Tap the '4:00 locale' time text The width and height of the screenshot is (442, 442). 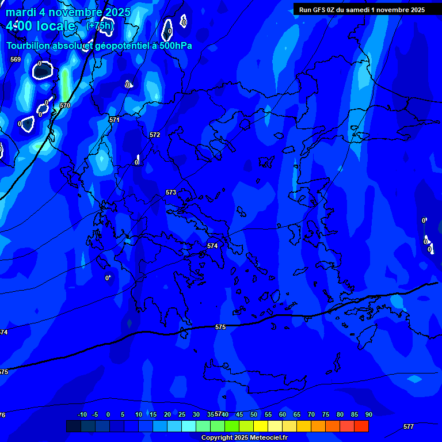[41, 26]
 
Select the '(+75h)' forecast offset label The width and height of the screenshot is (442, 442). [100, 25]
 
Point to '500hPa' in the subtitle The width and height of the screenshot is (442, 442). [174, 46]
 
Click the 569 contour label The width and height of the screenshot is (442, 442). [16, 59]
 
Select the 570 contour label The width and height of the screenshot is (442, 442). [65, 106]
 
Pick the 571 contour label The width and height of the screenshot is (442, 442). [115, 120]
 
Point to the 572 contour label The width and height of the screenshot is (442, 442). [155, 135]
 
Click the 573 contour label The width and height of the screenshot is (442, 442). [171, 192]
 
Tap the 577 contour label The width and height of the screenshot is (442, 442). [409, 426]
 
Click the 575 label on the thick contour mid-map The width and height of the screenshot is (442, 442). [220, 327]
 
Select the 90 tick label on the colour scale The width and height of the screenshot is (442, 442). [368, 414]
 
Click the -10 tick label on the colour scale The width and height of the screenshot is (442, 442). [82, 414]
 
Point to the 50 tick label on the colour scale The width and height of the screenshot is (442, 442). [254, 414]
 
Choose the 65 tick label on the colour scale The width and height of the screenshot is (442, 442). [297, 414]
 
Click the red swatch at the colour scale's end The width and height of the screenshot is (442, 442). [361, 426]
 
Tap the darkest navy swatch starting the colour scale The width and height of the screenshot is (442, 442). [73, 426]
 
